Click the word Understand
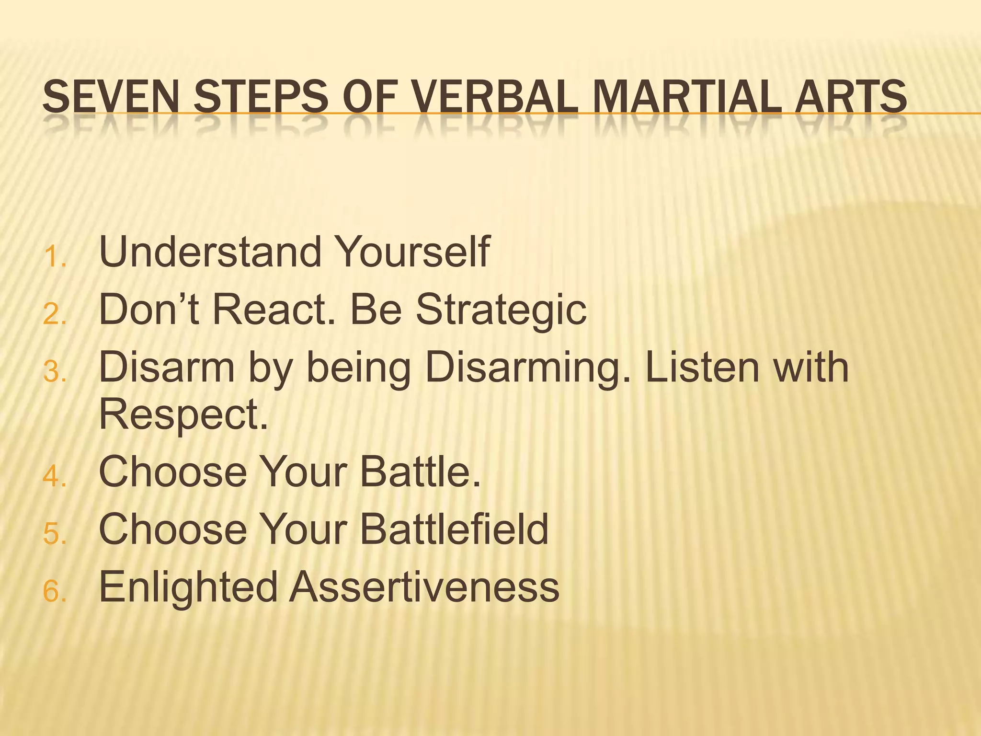[x=210, y=252]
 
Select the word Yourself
[x=412, y=252]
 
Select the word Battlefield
[x=454, y=529]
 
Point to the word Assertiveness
[x=424, y=586]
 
